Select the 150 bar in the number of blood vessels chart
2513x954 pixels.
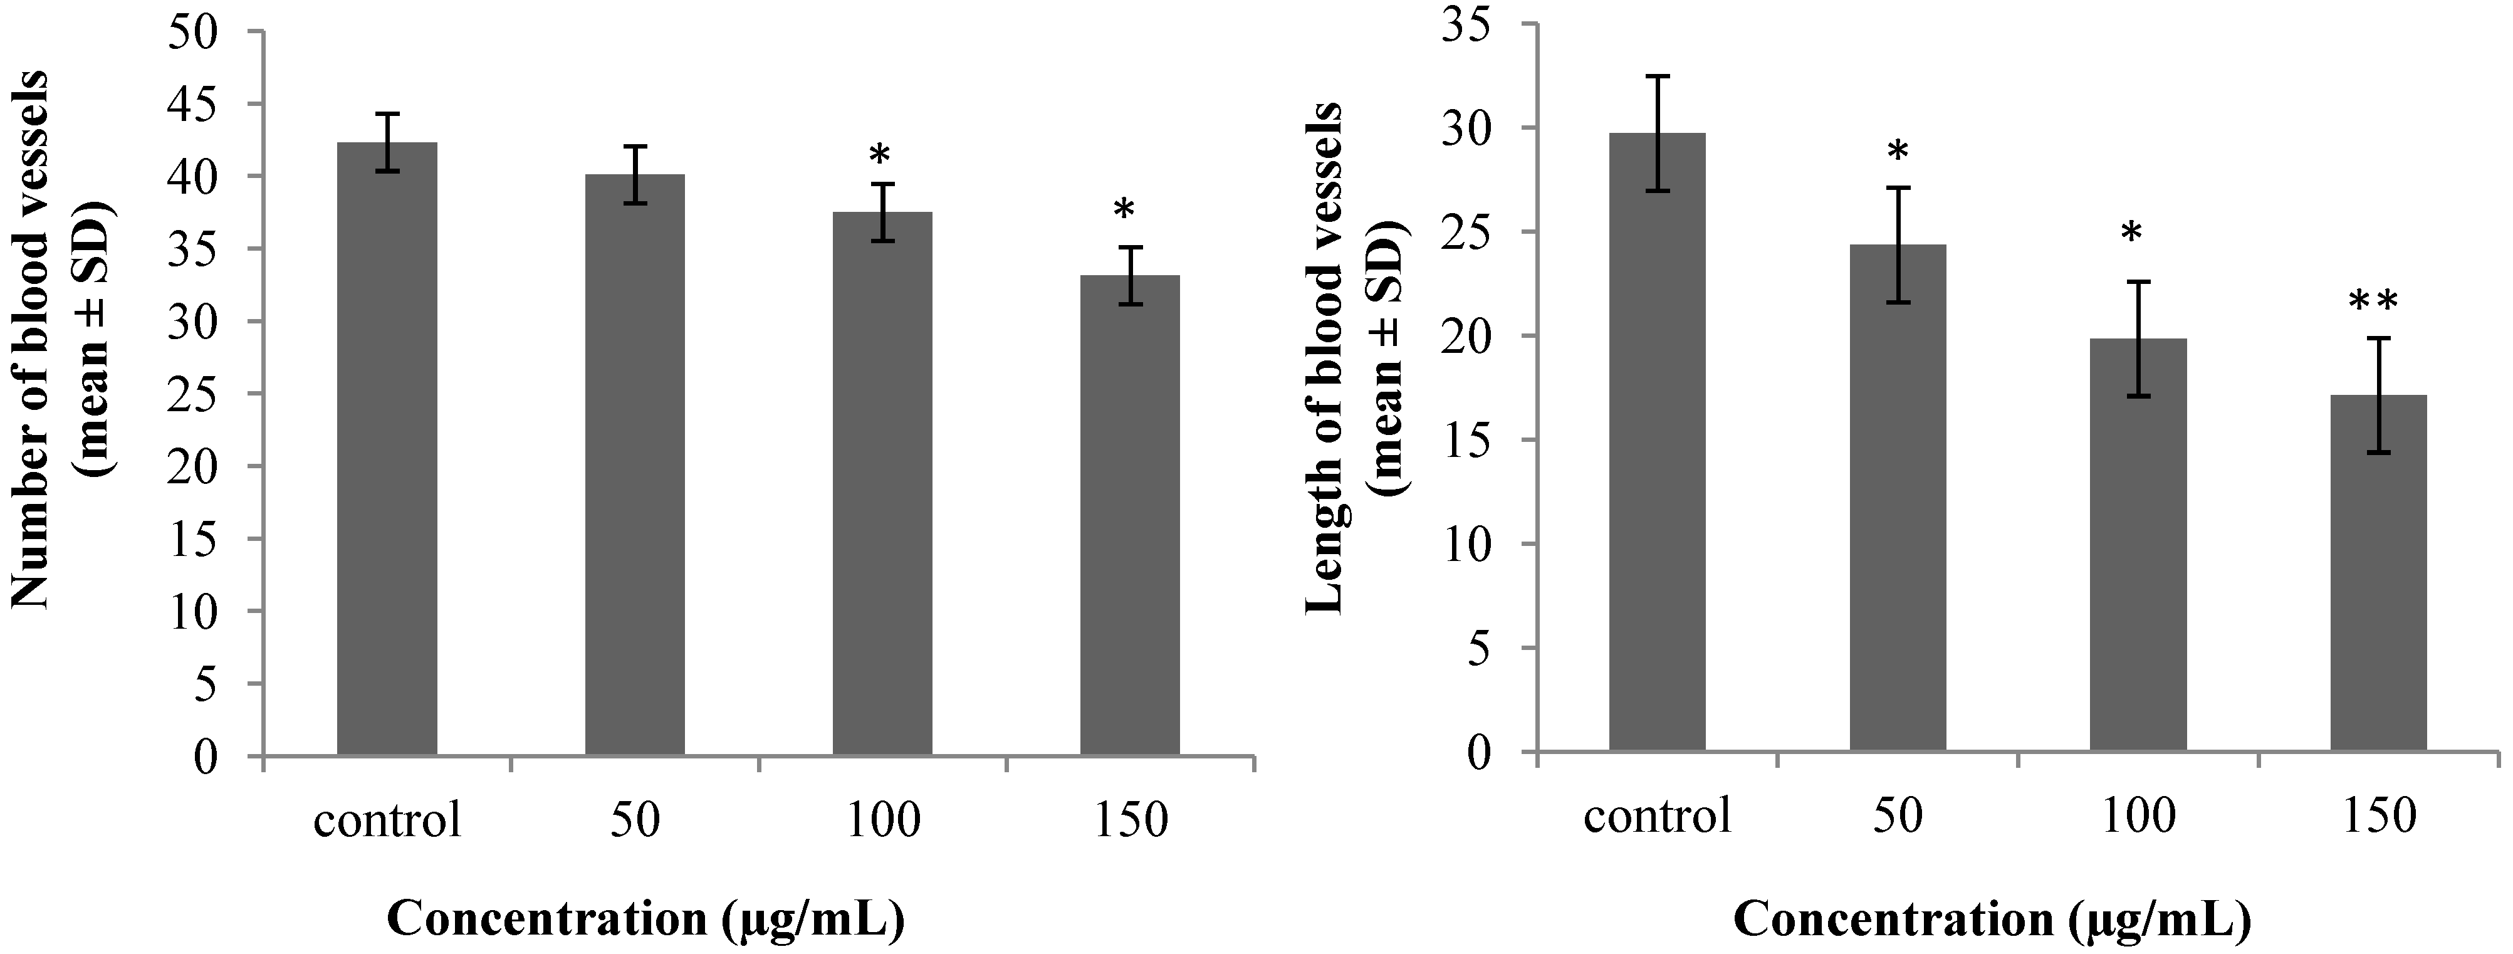1130,515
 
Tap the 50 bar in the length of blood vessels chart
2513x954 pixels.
1898,498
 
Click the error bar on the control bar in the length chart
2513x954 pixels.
1658,134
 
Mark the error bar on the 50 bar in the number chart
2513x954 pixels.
635,175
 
